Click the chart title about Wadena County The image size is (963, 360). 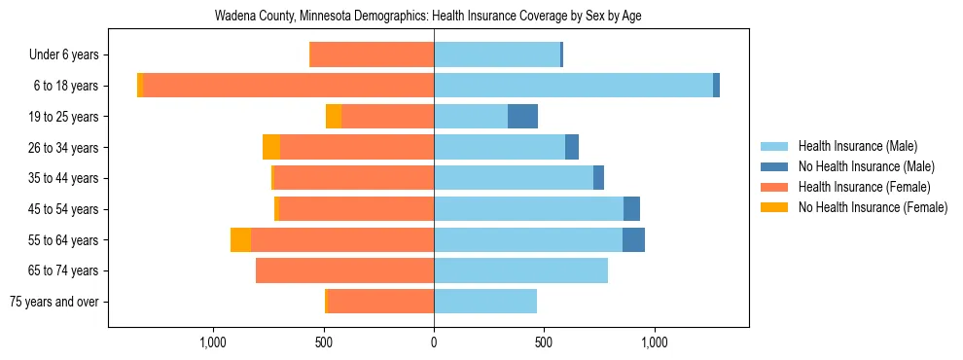click(x=427, y=16)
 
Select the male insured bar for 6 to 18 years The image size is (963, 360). click(x=573, y=86)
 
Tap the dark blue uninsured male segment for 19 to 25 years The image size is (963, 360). click(x=522, y=117)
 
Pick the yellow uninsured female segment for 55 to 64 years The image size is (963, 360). click(x=240, y=239)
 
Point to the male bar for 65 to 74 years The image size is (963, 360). click(x=520, y=270)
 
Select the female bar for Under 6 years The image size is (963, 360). click(x=372, y=54)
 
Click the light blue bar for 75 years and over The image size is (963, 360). click(x=485, y=302)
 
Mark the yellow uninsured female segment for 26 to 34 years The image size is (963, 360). click(x=271, y=147)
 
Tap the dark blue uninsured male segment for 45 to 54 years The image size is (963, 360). click(x=631, y=209)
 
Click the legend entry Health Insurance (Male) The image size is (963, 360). click(x=857, y=146)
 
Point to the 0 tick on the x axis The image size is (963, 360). click(x=434, y=342)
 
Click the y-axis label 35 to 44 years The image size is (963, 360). click(x=65, y=178)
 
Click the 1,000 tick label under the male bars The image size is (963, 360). click(x=654, y=342)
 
